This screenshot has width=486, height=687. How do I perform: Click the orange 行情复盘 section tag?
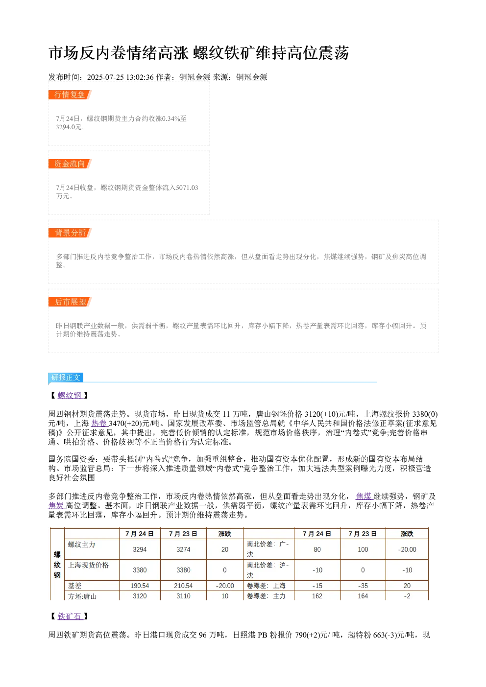pyautogui.click(x=70, y=95)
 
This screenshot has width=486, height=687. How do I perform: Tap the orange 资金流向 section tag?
pyautogui.click(x=70, y=164)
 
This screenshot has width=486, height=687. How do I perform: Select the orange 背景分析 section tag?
pyautogui.click(x=70, y=233)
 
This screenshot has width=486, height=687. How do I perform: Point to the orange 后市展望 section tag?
pyautogui.click(x=70, y=302)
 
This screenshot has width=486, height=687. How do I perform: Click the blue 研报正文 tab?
pyautogui.click(x=66, y=378)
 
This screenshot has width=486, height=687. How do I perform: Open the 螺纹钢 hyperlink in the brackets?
pyautogui.click(x=70, y=395)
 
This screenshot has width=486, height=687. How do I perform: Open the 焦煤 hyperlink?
pyautogui.click(x=364, y=496)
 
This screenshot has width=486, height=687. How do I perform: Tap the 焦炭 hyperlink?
pyautogui.click(x=57, y=505)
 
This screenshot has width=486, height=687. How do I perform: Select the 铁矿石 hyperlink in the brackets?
pyautogui.click(x=70, y=616)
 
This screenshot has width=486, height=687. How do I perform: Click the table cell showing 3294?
pyautogui.click(x=140, y=549)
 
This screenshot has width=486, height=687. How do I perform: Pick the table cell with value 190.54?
pyautogui.click(x=140, y=586)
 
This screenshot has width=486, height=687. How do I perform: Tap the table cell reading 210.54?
pyautogui.click(x=183, y=586)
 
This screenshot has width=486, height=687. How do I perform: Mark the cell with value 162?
pyautogui.click(x=317, y=596)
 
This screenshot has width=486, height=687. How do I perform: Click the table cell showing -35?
pyautogui.click(x=363, y=586)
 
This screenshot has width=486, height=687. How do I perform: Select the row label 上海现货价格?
pyautogui.click(x=88, y=565)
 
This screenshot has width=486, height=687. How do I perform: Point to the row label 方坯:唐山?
pyautogui.click(x=82, y=596)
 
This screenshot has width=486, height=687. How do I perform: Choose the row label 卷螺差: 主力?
pyautogui.click(x=266, y=596)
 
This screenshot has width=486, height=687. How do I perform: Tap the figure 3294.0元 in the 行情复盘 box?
pyautogui.click(x=69, y=127)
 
